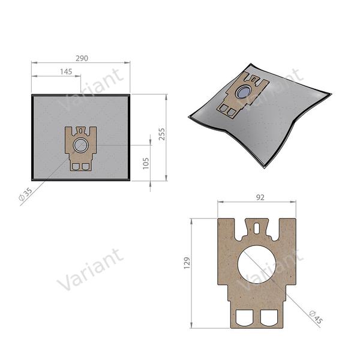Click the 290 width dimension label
tap(82, 58)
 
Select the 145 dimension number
tap(66, 72)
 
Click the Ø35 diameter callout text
tap(26, 194)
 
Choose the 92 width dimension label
tap(257, 195)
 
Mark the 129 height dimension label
tap(187, 263)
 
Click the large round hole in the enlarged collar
tap(257, 266)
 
